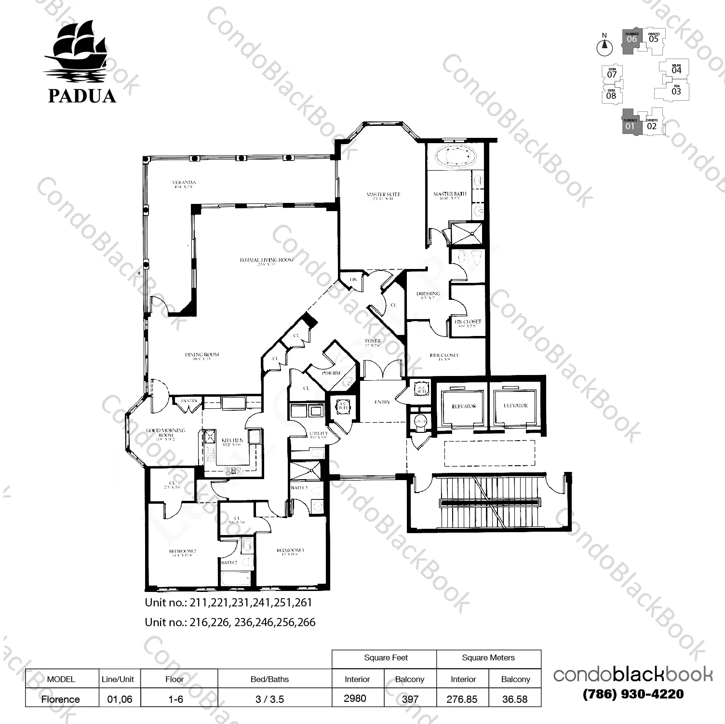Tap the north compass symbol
click(604, 47)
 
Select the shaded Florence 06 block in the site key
click(631, 38)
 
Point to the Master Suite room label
click(383, 195)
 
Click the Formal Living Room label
click(267, 260)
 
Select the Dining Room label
click(201, 355)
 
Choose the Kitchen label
click(232, 441)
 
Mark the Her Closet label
click(444, 356)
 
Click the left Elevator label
click(464, 406)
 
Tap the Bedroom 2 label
click(182, 551)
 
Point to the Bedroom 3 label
click(290, 550)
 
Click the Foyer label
click(373, 341)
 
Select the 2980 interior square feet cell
click(355, 698)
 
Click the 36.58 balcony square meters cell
click(514, 699)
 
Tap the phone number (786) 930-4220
click(633, 694)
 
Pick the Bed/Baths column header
click(269, 679)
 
